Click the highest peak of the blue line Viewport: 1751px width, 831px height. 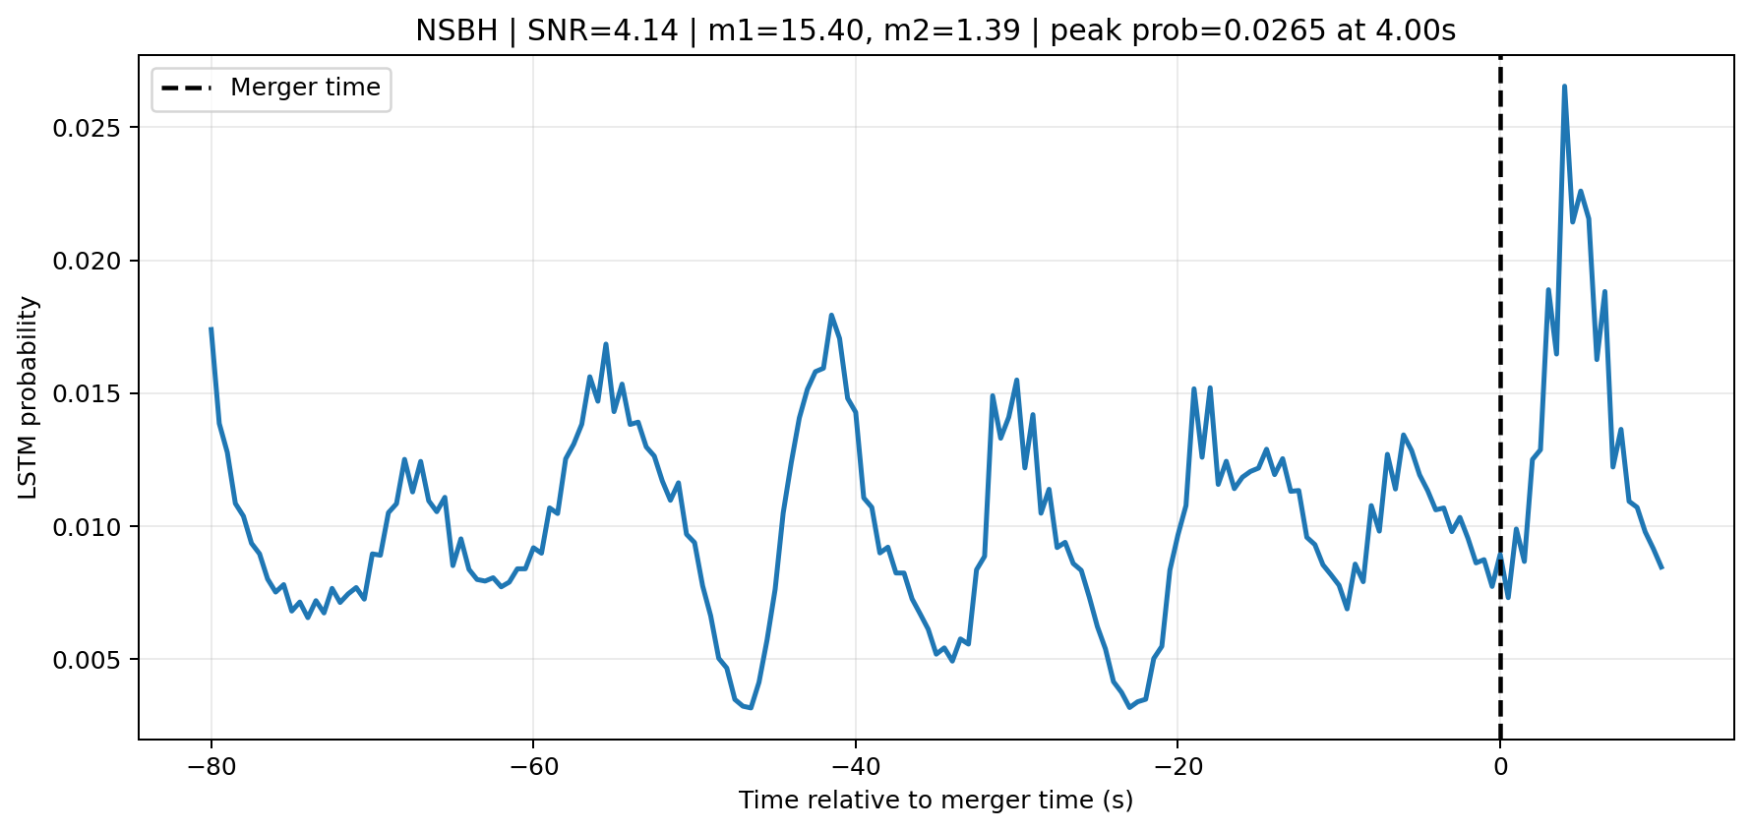pos(1564,87)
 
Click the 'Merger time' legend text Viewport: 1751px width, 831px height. pos(305,88)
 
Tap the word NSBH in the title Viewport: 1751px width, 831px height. pos(456,30)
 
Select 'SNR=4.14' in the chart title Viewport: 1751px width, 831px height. pos(603,30)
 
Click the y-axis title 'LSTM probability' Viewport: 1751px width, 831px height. pos(29,397)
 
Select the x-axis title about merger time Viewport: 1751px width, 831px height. pos(936,801)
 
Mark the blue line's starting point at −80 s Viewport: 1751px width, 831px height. pos(211,329)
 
